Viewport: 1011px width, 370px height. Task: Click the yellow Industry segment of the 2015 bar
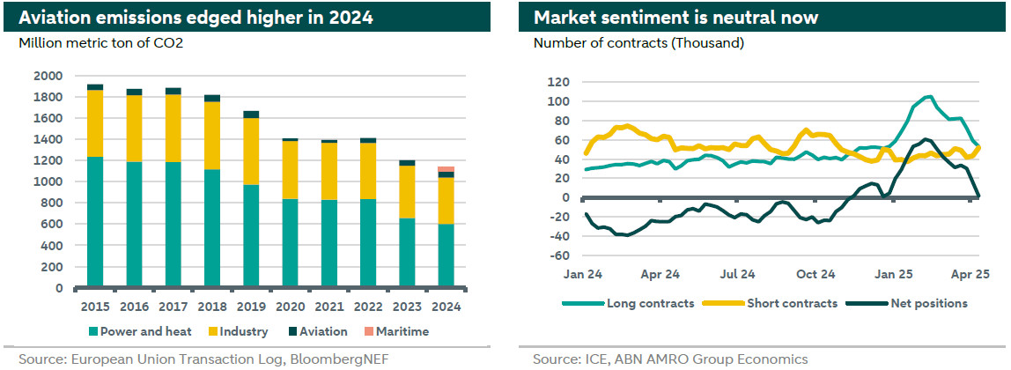coord(95,123)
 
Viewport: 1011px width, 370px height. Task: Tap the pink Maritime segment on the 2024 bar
coord(446,169)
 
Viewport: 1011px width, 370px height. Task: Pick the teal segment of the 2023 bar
coord(408,253)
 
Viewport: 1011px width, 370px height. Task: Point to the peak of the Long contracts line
coord(928,97)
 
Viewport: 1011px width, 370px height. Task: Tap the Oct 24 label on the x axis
coord(815,274)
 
